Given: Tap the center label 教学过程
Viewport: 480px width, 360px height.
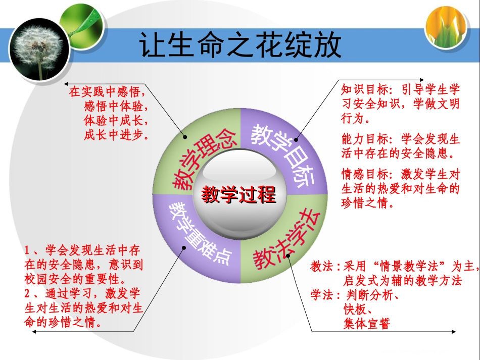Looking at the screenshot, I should click(x=239, y=194).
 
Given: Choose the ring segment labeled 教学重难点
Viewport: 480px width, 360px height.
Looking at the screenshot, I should click(x=200, y=233).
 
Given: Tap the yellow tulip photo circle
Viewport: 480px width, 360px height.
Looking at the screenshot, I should click(x=446, y=30).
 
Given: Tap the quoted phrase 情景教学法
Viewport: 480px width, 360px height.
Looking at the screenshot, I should click(x=408, y=267).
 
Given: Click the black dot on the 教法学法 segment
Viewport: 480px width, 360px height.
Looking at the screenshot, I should click(x=289, y=255).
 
